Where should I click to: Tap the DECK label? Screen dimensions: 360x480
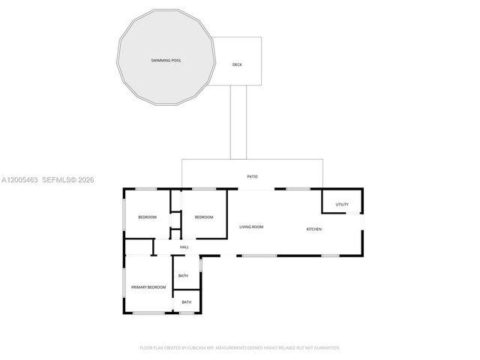(x=237, y=64)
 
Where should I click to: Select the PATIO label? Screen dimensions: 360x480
(x=253, y=176)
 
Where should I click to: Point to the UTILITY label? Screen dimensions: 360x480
(x=342, y=204)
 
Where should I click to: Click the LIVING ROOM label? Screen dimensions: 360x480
(x=251, y=226)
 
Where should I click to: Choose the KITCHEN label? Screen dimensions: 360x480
(x=313, y=229)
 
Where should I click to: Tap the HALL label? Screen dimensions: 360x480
(x=184, y=247)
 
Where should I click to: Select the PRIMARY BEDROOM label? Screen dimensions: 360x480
(x=148, y=287)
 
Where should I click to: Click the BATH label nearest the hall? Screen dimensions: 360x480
(x=183, y=276)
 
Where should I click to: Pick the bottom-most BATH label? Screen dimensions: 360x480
(x=186, y=302)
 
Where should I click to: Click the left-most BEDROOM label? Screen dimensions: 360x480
(x=147, y=217)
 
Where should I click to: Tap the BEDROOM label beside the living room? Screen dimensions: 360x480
(x=204, y=217)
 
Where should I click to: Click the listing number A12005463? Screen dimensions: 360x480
(x=19, y=180)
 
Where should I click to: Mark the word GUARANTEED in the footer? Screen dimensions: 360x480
(x=323, y=348)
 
